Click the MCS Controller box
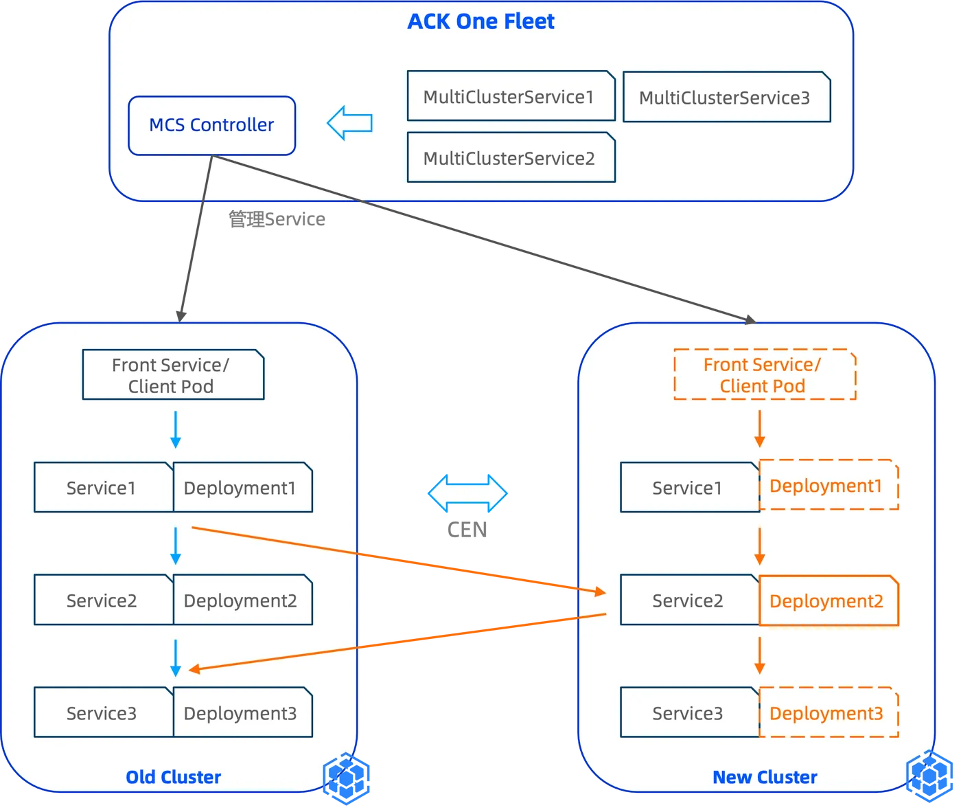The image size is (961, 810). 211,125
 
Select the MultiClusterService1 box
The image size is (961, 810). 511,96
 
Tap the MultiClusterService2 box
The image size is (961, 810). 511,158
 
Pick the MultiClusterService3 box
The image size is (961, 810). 726,98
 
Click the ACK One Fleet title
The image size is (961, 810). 480,22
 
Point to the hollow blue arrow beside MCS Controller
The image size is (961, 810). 349,123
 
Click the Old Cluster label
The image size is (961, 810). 173,777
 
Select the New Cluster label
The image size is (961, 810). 765,777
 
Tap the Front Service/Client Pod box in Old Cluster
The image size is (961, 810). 173,375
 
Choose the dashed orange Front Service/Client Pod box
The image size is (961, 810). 765,375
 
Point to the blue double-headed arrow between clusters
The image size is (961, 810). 467,493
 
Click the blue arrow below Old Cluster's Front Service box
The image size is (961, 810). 176,430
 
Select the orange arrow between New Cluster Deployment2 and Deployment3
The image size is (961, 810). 759,655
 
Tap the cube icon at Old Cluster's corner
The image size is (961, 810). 349,778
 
